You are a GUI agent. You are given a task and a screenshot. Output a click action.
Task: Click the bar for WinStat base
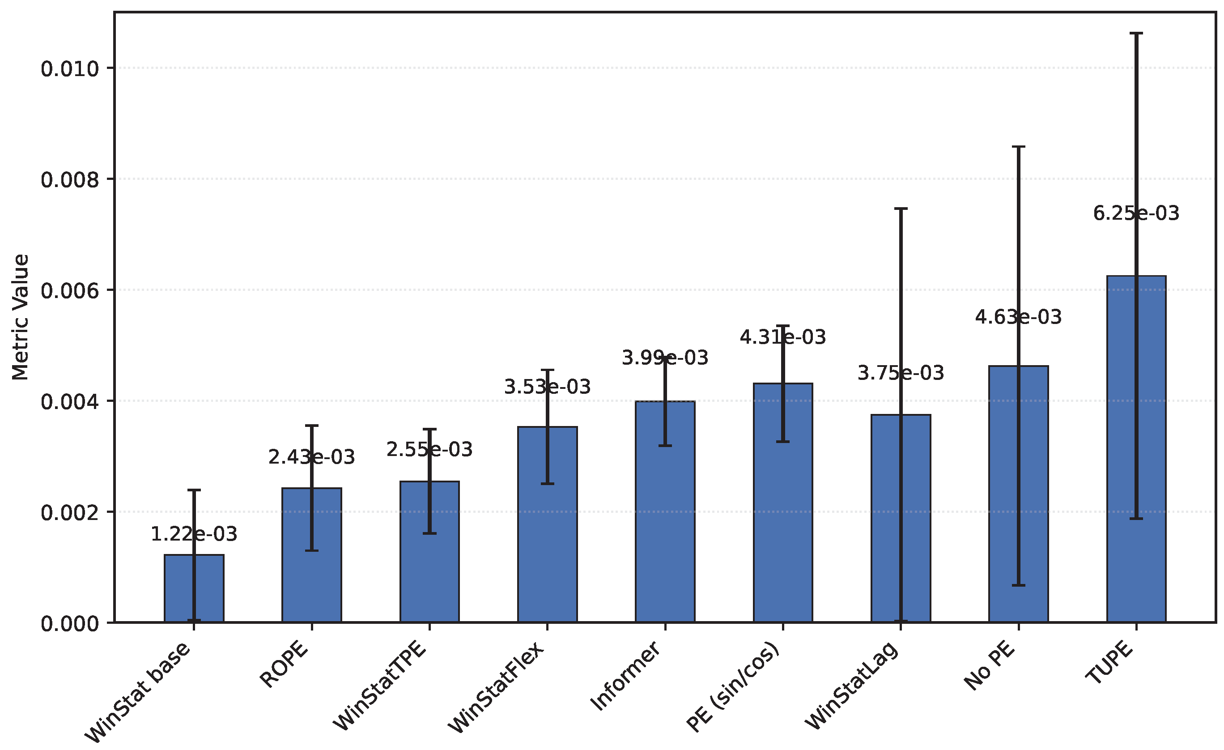(x=194, y=588)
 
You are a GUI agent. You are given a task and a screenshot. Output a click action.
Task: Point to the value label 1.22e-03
(x=194, y=534)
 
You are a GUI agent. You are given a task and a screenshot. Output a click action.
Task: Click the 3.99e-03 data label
(x=665, y=358)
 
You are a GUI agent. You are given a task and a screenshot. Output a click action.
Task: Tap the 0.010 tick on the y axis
(x=69, y=68)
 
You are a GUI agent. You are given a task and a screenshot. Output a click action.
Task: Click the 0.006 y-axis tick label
(x=69, y=291)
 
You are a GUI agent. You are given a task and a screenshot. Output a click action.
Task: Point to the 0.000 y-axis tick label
(x=69, y=624)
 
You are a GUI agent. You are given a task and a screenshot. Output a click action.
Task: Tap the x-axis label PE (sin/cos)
(x=733, y=687)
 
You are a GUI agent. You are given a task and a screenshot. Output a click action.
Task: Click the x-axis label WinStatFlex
(x=497, y=688)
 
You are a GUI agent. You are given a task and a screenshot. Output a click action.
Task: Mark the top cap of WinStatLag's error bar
(x=901, y=209)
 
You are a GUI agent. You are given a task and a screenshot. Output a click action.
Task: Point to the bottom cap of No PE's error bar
(x=1018, y=585)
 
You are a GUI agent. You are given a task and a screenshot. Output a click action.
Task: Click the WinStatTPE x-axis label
(x=380, y=687)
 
